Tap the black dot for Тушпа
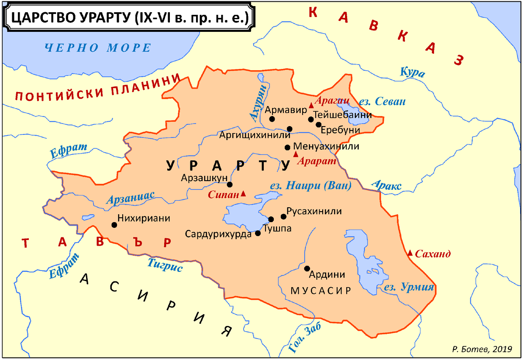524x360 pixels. click(x=271, y=219)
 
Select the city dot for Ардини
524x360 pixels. click(x=307, y=268)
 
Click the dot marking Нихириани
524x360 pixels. click(x=114, y=225)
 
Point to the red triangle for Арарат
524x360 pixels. click(x=296, y=154)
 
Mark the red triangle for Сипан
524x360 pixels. click(x=243, y=193)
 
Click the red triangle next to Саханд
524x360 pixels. click(x=410, y=253)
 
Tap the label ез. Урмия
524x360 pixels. click(x=409, y=287)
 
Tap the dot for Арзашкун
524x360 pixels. click(x=230, y=185)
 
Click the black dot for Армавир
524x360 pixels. click(x=272, y=119)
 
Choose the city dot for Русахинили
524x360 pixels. click(x=283, y=216)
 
